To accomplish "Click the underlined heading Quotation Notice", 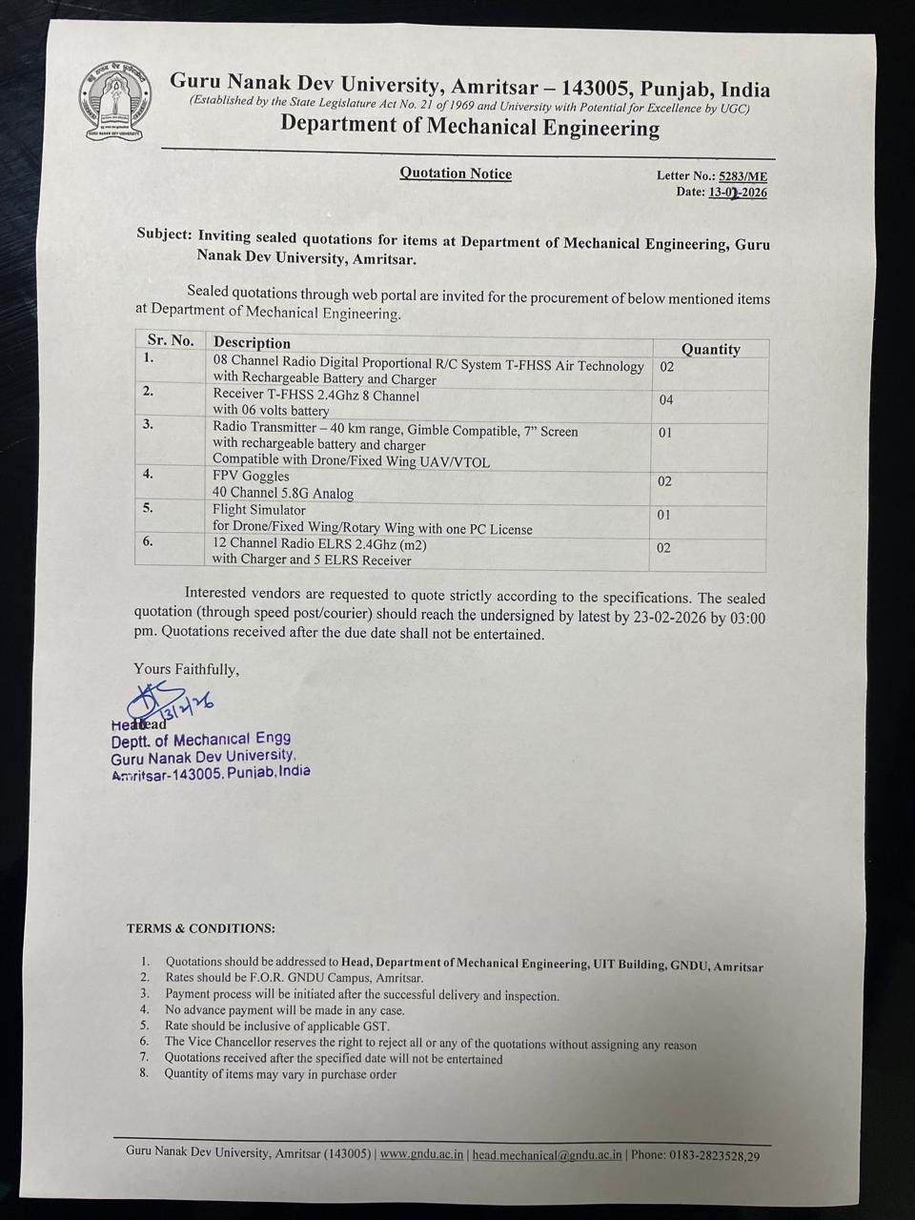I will (x=456, y=173).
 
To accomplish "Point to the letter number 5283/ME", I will (x=742, y=176).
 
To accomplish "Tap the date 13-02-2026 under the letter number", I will (x=737, y=193).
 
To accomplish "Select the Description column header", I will (x=252, y=343).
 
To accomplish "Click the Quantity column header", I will (x=710, y=350).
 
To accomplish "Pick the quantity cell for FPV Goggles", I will (x=664, y=481).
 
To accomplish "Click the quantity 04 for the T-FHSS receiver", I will (x=666, y=400).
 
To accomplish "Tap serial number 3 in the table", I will (x=148, y=424).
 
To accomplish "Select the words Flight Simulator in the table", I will (x=259, y=510).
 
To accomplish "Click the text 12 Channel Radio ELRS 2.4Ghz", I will (x=319, y=545).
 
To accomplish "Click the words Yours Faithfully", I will (x=187, y=669).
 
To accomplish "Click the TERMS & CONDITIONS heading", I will (x=200, y=928).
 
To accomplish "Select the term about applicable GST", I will (x=276, y=1027).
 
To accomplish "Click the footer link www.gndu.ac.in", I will (x=422, y=1154).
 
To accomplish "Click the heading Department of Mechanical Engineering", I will (x=469, y=128).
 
